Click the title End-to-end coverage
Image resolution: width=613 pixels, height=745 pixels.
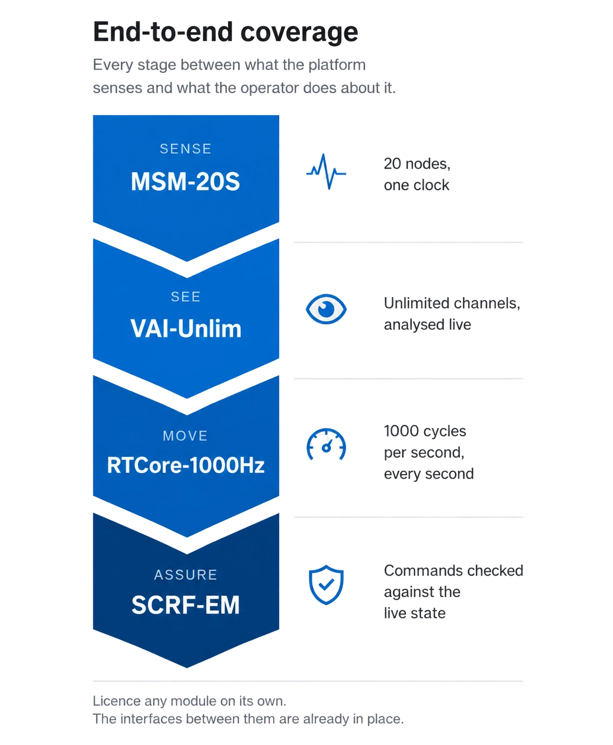click(225, 32)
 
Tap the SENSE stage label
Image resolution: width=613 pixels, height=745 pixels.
click(186, 149)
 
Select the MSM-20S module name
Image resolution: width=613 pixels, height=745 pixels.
click(185, 182)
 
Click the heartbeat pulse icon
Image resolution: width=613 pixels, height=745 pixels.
click(326, 171)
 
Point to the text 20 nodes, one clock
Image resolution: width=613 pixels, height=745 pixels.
click(417, 175)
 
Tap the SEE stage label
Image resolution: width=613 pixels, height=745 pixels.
click(186, 297)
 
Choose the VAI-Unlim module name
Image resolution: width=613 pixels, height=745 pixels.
click(186, 329)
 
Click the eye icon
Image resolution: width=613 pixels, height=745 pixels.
click(326, 309)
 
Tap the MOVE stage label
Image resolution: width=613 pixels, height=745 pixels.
click(185, 436)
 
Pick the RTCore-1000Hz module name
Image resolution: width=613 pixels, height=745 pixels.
click(186, 465)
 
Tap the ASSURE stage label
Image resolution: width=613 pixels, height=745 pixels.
click(186, 575)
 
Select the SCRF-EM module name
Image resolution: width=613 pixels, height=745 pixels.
click(185, 605)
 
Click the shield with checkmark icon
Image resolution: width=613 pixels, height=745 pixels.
click(326, 585)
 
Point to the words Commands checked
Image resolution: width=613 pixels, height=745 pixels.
click(454, 571)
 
